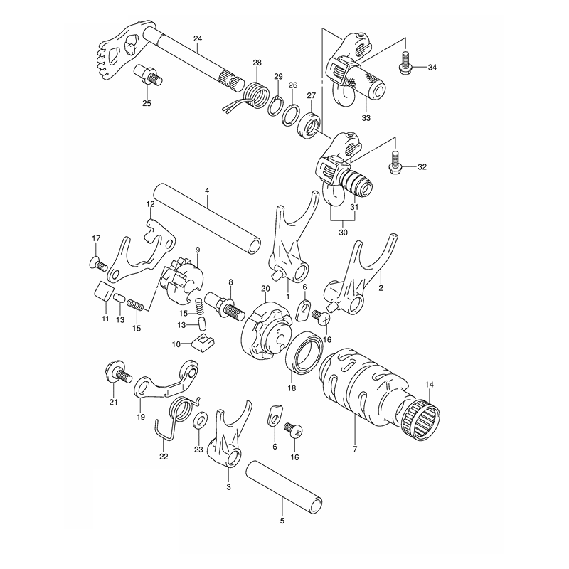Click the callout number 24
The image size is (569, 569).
(198, 38)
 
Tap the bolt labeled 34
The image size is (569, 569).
(405, 63)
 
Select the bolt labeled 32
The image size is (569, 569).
(395, 162)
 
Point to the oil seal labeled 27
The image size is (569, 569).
(309, 125)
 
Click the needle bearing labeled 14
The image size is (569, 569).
(422, 420)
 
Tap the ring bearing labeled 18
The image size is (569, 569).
(304, 351)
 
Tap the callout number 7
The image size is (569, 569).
(355, 449)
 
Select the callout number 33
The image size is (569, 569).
(366, 118)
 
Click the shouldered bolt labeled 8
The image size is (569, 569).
(227, 306)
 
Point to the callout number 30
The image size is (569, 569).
(343, 233)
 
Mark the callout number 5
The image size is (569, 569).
(282, 521)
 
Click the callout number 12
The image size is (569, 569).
(150, 204)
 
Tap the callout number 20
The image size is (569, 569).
(265, 289)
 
